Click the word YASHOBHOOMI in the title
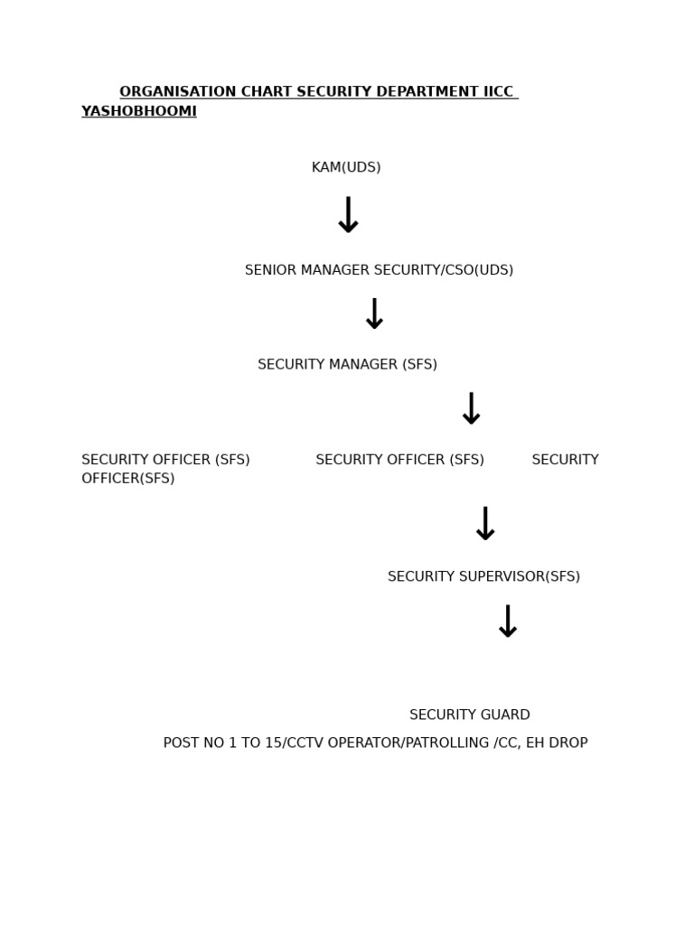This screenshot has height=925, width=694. click(139, 112)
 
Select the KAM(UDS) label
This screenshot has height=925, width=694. click(346, 168)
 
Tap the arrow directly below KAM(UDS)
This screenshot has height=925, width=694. click(348, 216)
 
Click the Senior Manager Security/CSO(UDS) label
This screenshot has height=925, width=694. click(379, 270)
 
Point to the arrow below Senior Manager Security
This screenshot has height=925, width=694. click(374, 314)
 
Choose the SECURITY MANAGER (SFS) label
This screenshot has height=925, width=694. click(347, 365)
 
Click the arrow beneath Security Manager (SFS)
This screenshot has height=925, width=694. click(471, 409)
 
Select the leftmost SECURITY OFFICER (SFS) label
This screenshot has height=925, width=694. click(165, 460)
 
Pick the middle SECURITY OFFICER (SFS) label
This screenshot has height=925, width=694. click(399, 460)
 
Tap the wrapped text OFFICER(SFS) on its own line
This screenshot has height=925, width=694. click(128, 479)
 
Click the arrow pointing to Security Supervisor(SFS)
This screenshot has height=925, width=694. click(485, 524)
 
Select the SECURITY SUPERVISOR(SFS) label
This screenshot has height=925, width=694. click(483, 576)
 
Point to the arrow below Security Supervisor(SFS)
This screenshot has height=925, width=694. click(508, 622)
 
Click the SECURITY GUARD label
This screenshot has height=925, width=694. click(469, 715)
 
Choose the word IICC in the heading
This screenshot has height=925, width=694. click(498, 92)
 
